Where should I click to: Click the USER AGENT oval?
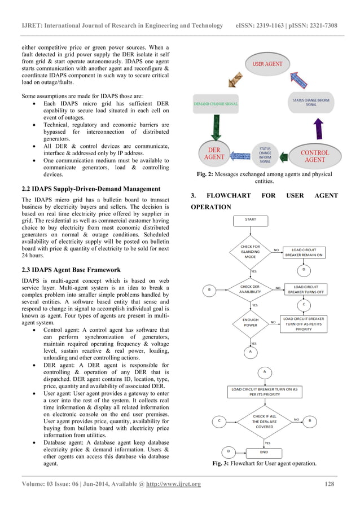pyautogui.click(x=267, y=64)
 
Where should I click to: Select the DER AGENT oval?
pyautogui.click(x=214, y=154)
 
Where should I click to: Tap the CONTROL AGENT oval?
pyautogui.click(x=314, y=156)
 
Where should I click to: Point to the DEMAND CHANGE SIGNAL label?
pyautogui.click(x=216, y=104)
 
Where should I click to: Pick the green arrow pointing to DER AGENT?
pyautogui.click(x=215, y=126)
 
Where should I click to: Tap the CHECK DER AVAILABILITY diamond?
pyautogui.click(x=250, y=289)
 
